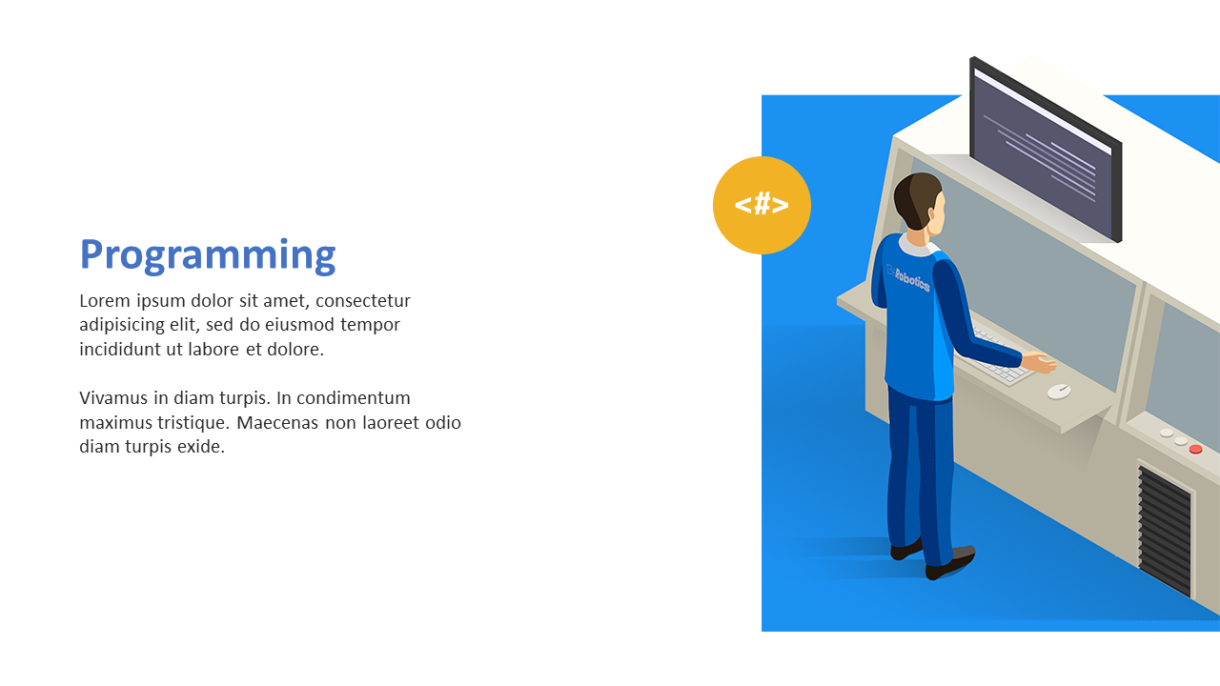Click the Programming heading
coord(208,254)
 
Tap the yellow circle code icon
coord(762,205)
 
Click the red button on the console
coord(1195,449)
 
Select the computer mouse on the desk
coord(1059,391)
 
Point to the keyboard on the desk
coord(1000,359)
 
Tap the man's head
coord(920,201)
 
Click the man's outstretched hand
coord(1039,363)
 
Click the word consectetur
coord(363,300)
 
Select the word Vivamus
coord(113,398)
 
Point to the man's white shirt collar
coord(918,245)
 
